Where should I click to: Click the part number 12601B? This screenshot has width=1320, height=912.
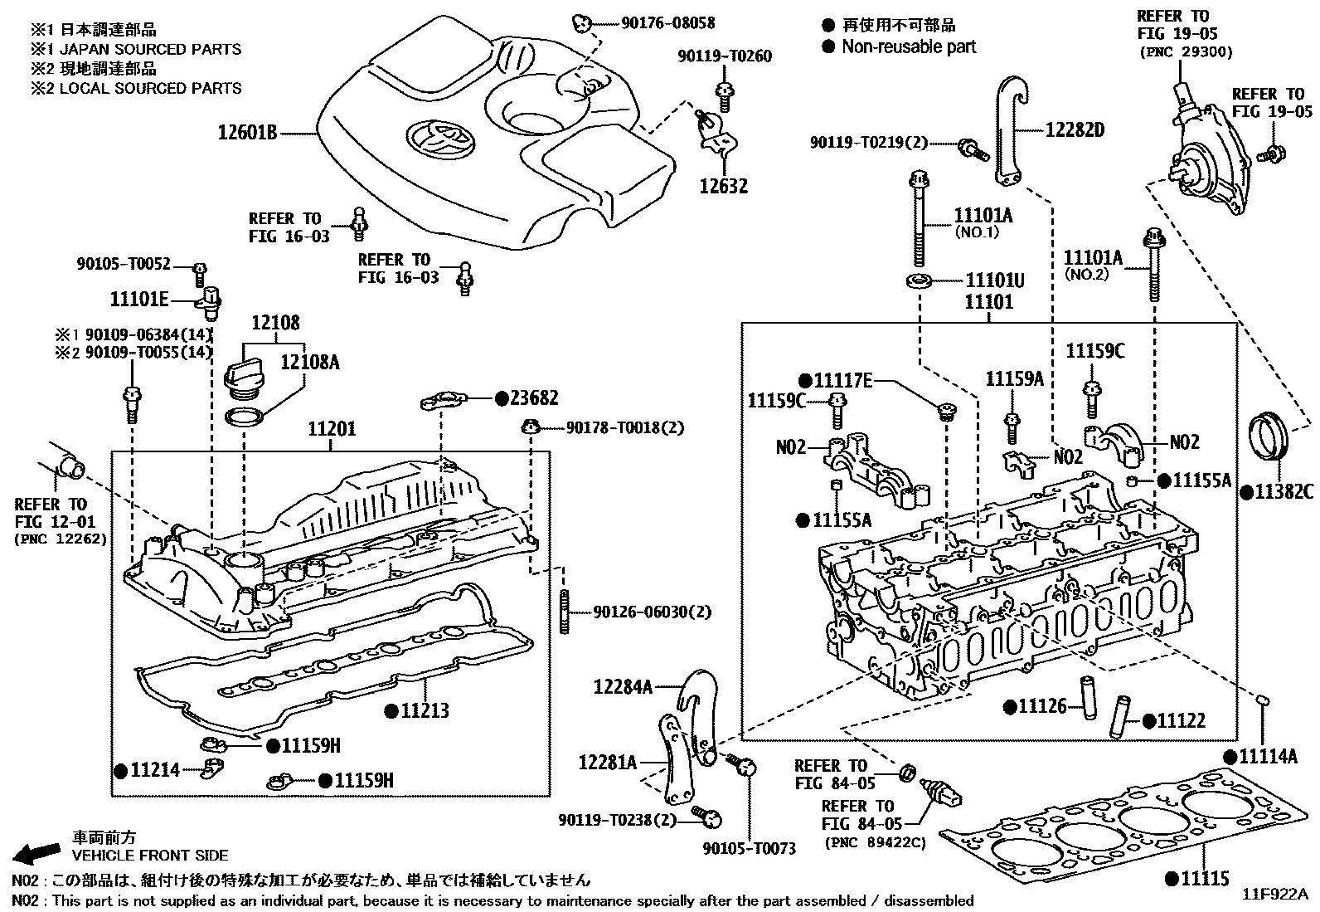tap(247, 132)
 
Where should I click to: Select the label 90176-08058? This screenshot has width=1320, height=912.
tap(667, 24)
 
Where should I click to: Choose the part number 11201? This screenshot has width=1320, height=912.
tap(332, 429)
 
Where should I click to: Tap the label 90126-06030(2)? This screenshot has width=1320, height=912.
tap(652, 612)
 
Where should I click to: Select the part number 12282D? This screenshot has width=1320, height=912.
tap(1075, 129)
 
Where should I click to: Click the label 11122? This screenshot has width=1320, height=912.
tap(1181, 721)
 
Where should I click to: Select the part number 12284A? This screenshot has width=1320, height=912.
tap(623, 686)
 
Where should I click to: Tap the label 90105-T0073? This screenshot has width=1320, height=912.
tap(749, 848)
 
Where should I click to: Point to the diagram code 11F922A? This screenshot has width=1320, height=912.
tap(1274, 895)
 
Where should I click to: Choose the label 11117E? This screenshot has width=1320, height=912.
tap(842, 380)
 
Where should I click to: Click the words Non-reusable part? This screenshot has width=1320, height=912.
tap(909, 47)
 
